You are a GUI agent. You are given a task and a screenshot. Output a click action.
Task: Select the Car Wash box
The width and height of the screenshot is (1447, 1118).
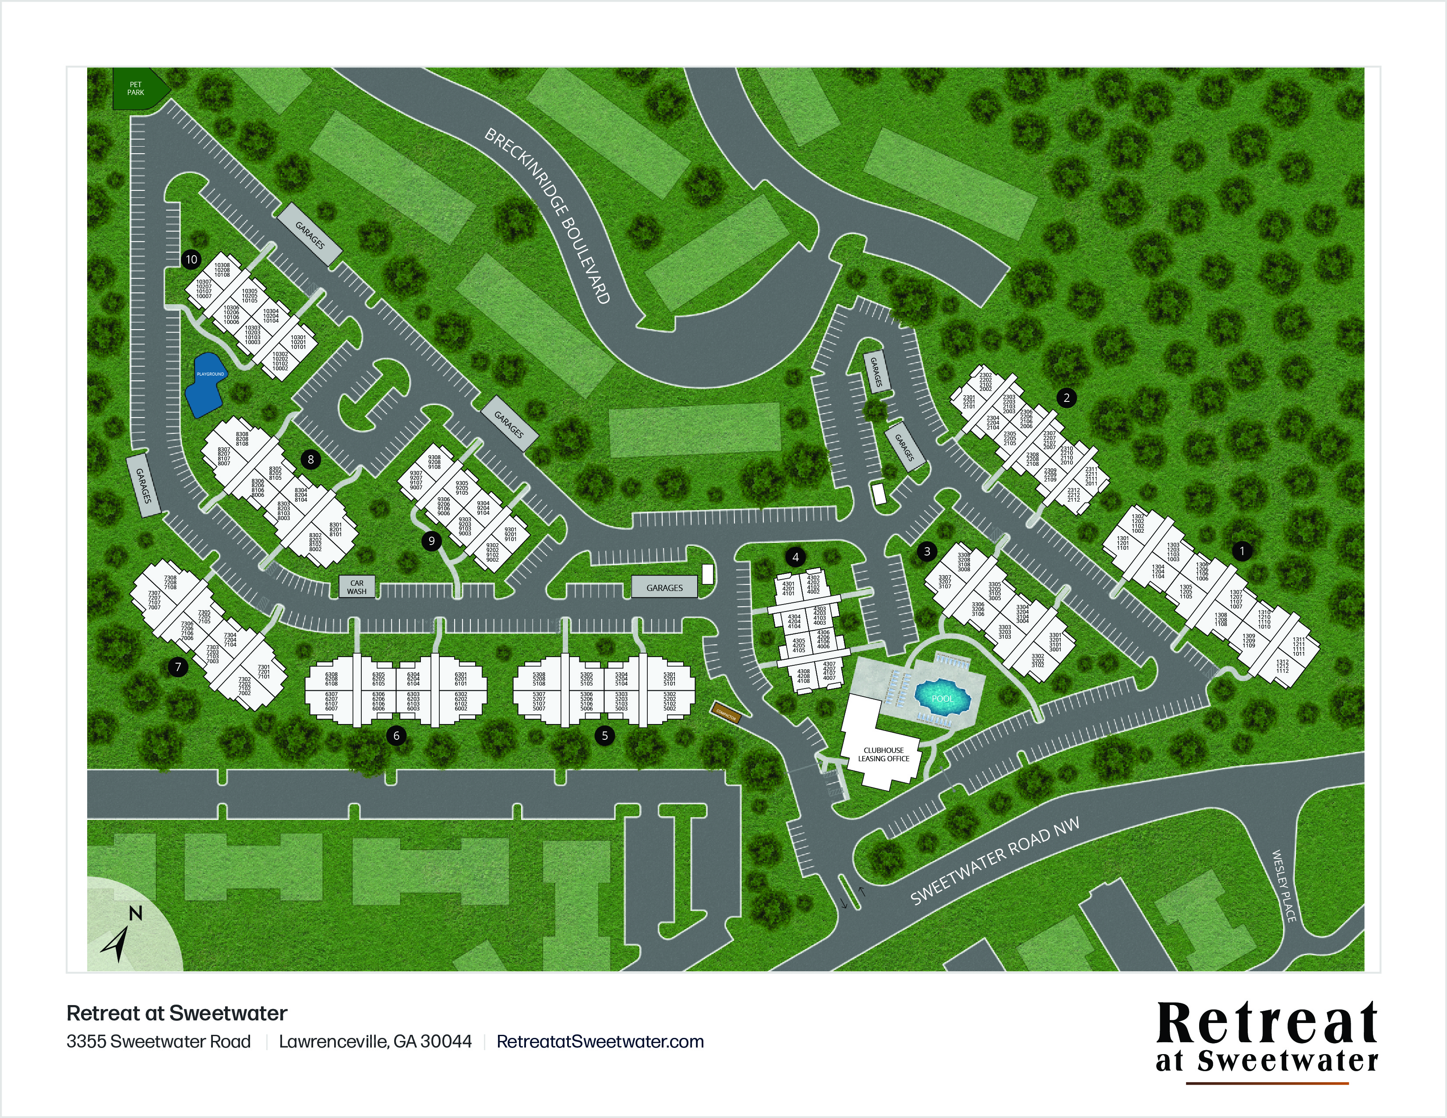click(356, 587)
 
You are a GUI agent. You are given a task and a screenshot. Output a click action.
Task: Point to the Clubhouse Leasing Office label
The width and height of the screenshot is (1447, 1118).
click(883, 754)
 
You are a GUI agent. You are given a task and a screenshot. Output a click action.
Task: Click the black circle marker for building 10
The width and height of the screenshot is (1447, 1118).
click(191, 259)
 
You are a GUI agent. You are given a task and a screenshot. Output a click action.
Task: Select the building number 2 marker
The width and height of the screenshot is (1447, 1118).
click(1066, 397)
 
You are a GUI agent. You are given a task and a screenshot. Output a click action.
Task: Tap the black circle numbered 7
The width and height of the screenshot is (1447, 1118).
click(177, 667)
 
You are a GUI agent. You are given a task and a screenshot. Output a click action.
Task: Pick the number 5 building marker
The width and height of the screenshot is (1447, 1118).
click(604, 735)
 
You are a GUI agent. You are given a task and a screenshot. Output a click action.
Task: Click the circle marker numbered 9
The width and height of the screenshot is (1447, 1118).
click(431, 541)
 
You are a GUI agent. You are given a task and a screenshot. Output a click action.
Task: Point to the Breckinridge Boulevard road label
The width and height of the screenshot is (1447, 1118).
click(547, 215)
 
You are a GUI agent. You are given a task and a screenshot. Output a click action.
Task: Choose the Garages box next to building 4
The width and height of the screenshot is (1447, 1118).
click(664, 587)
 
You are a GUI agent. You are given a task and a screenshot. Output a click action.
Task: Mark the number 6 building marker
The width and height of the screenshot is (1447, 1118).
click(396, 735)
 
